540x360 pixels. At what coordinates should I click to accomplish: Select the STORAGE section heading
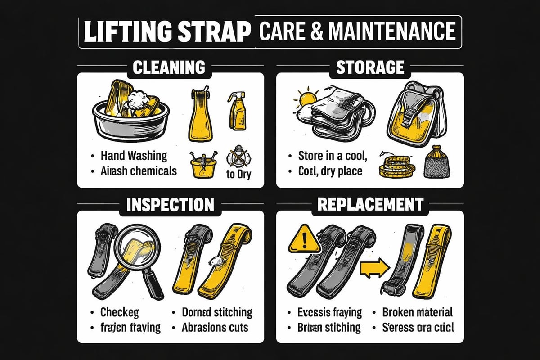[x=370, y=67]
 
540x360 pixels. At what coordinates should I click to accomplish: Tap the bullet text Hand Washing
[x=134, y=156]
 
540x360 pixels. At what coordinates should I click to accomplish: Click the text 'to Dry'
[x=238, y=174]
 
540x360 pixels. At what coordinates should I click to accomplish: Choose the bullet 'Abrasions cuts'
[x=215, y=327]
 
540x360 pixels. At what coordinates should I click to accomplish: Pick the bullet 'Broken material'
[x=417, y=312]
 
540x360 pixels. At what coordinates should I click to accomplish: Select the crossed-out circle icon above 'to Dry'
[x=238, y=159]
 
